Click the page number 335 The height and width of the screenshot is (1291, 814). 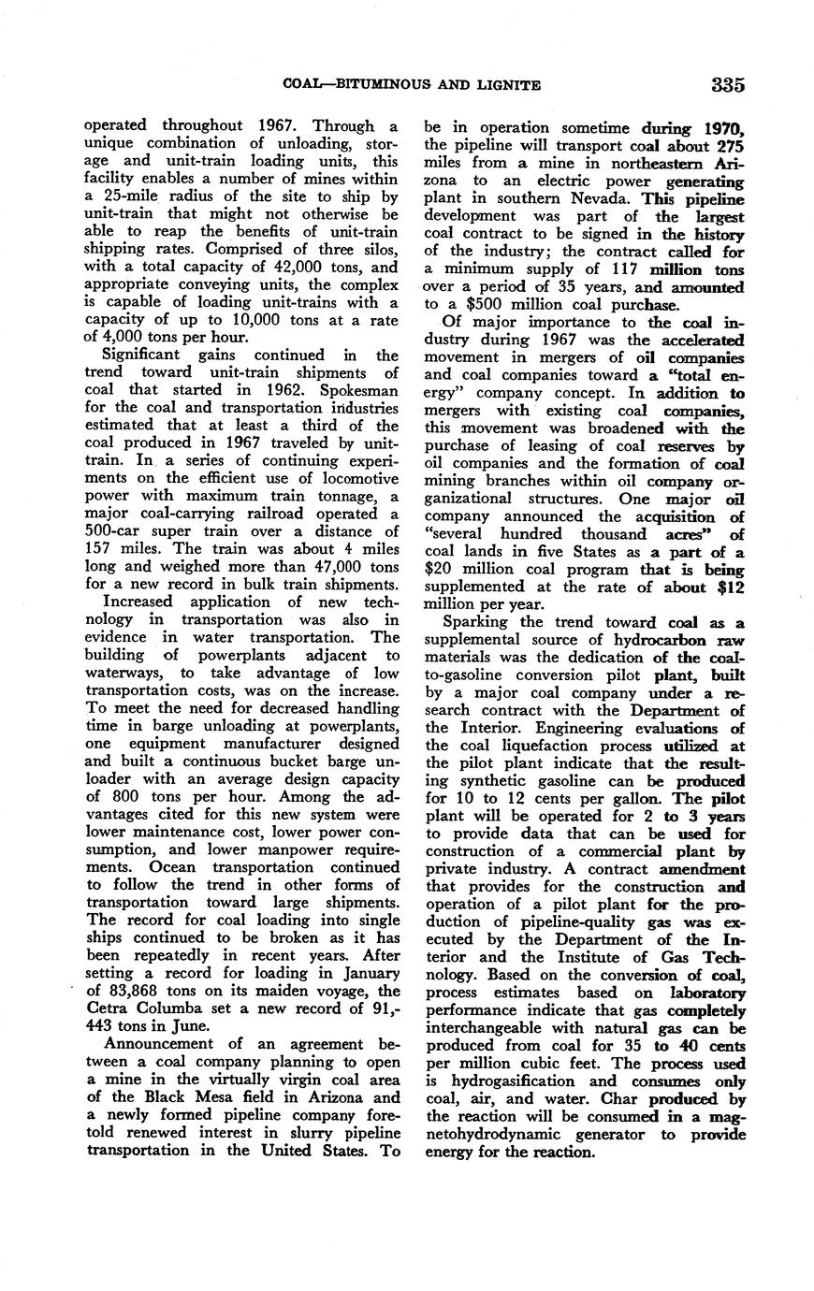(x=727, y=85)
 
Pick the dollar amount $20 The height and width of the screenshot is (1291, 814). (x=443, y=570)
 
